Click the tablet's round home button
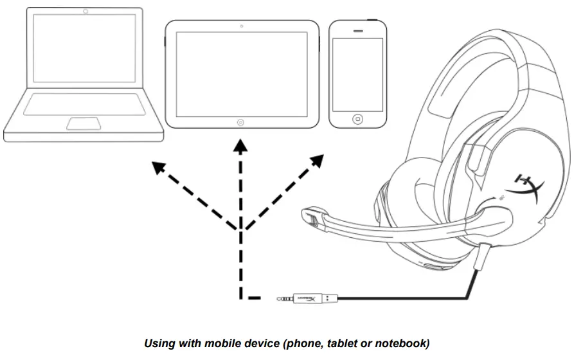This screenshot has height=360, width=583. coord(241,122)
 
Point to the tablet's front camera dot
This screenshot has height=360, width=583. coord(241,27)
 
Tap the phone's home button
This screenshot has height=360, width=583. coord(357,119)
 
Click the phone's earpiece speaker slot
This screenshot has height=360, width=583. coord(358,30)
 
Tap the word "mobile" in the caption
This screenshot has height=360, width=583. coord(222,344)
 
